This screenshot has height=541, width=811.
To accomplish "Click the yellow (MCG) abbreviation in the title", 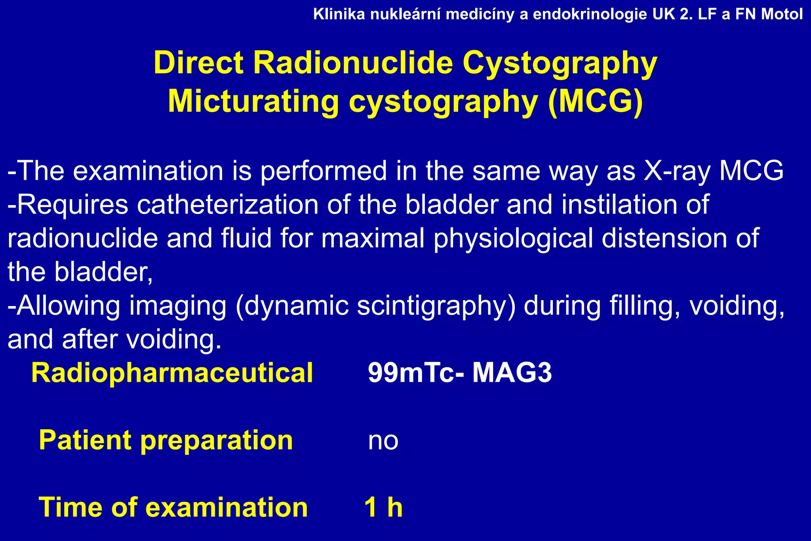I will pos(596,101).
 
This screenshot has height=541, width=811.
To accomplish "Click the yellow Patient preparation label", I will pos(166,440).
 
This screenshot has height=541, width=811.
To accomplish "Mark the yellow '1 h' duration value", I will pos(383,507).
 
